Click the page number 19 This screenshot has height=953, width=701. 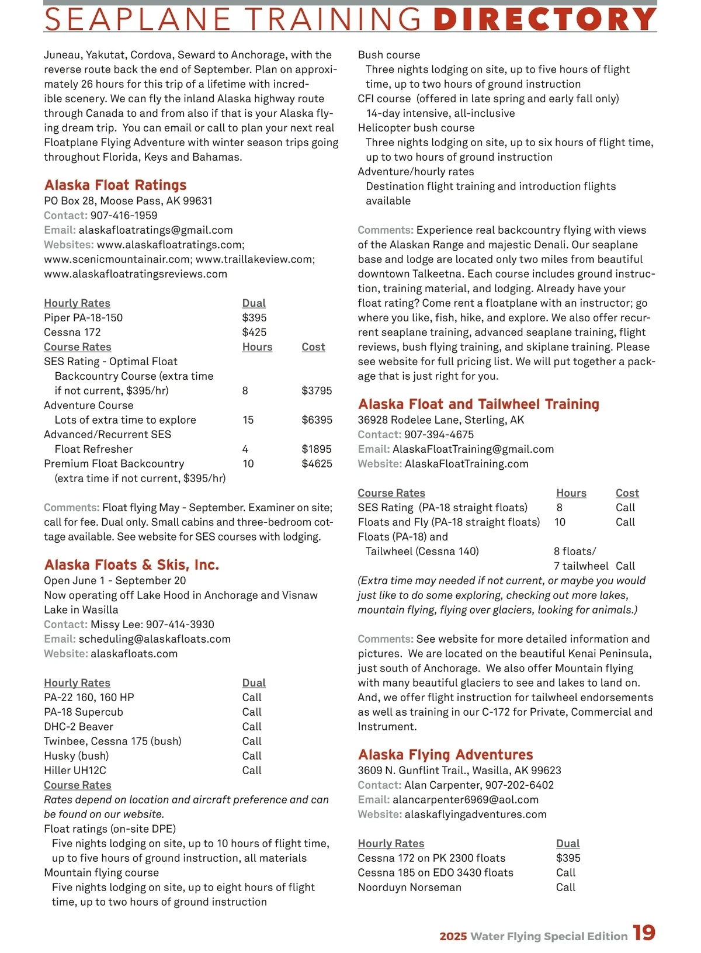pyautogui.click(x=644, y=933)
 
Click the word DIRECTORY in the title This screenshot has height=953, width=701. pyautogui.click(x=545, y=19)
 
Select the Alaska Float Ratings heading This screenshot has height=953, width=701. pyautogui.click(x=115, y=185)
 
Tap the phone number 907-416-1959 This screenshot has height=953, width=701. pyautogui.click(x=124, y=216)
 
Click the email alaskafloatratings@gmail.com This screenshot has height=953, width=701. pyautogui.click(x=155, y=230)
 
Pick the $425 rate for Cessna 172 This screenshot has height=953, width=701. pyautogui.click(x=254, y=332)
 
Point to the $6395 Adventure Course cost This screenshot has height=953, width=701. pyautogui.click(x=317, y=420)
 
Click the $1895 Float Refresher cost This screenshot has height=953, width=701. pyautogui.click(x=317, y=449)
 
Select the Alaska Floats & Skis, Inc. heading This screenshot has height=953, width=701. pyautogui.click(x=131, y=565)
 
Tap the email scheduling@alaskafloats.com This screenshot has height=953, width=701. pyautogui.click(x=155, y=639)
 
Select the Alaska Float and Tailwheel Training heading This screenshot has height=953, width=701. pyautogui.click(x=478, y=404)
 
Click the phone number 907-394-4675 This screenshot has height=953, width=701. pyautogui.click(x=439, y=435)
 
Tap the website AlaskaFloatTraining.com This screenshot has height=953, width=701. pyautogui.click(x=466, y=464)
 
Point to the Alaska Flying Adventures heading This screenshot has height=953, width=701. pyautogui.click(x=445, y=755)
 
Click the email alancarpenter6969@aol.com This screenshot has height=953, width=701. pyautogui.click(x=466, y=800)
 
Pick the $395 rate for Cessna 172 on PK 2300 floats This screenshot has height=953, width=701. pyautogui.click(x=568, y=858)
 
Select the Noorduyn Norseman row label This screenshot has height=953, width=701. pyautogui.click(x=410, y=888)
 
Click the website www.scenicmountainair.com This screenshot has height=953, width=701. pyautogui.click(x=118, y=259)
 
